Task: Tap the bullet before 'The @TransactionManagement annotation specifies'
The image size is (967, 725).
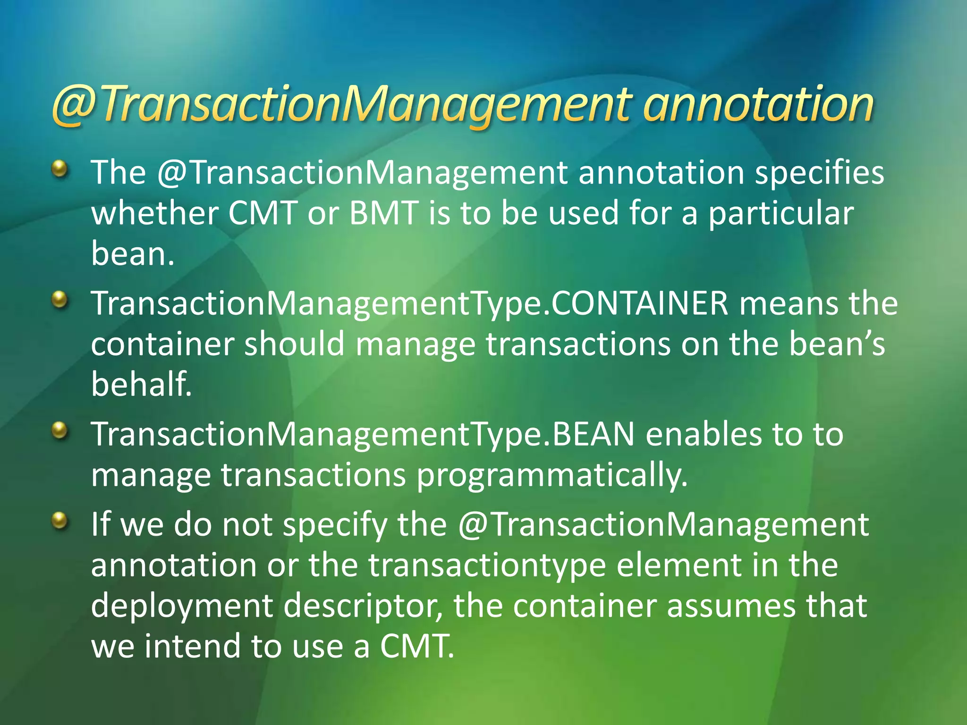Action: click(x=59, y=168)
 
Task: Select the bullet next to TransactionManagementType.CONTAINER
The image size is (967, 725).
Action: click(x=59, y=299)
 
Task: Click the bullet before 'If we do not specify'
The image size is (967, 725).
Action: click(x=59, y=520)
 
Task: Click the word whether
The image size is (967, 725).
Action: click(x=154, y=213)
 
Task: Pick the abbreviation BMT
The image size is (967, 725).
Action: click(x=383, y=213)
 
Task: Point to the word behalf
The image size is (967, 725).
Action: click(x=141, y=384)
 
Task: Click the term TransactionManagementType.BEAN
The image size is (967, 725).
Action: click(x=363, y=435)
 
